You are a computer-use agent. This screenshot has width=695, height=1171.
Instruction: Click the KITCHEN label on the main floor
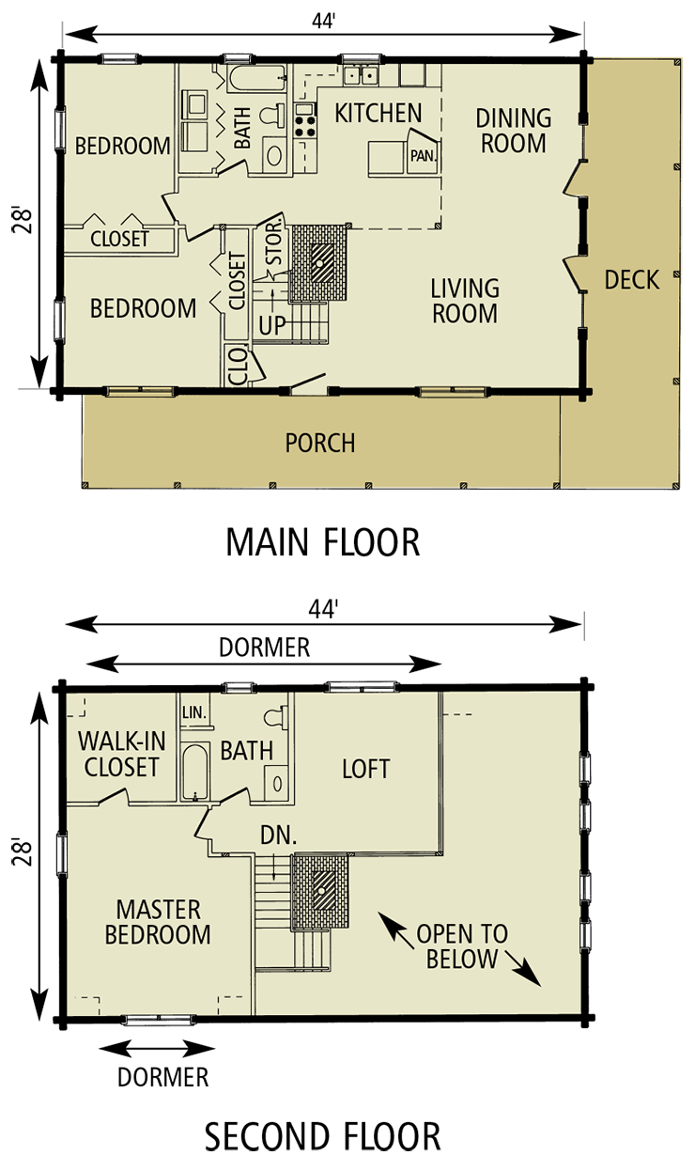click(x=378, y=113)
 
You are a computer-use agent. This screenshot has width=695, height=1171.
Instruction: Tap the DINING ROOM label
click(x=513, y=131)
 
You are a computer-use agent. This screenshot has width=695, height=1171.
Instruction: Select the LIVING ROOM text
click(x=465, y=301)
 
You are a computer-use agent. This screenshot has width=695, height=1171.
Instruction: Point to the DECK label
click(x=631, y=280)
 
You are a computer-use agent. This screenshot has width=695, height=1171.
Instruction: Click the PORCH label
click(x=320, y=443)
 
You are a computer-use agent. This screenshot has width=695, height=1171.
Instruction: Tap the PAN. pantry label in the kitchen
click(x=423, y=156)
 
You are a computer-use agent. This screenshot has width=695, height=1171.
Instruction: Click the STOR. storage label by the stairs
click(x=274, y=243)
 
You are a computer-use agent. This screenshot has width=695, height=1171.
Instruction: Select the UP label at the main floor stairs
click(x=272, y=325)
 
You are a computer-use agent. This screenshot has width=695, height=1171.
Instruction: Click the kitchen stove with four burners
click(x=305, y=126)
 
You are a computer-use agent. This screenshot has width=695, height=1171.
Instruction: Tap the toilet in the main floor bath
click(x=272, y=114)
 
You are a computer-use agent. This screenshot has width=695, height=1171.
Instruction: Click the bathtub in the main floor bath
click(x=256, y=79)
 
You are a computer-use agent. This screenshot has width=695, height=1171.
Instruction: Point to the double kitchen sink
click(x=361, y=75)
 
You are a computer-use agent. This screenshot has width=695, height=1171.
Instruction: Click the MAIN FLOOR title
click(x=322, y=542)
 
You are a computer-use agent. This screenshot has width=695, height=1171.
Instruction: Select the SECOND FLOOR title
click(x=322, y=1136)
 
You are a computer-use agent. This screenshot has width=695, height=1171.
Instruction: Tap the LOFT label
click(x=365, y=769)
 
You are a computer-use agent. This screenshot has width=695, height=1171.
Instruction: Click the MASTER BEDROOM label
click(x=157, y=922)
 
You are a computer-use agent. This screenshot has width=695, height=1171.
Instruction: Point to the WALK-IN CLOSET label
click(x=121, y=755)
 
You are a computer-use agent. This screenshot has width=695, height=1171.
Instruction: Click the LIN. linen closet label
click(x=194, y=712)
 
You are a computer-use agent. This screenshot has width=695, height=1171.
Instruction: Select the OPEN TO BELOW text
click(x=462, y=946)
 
